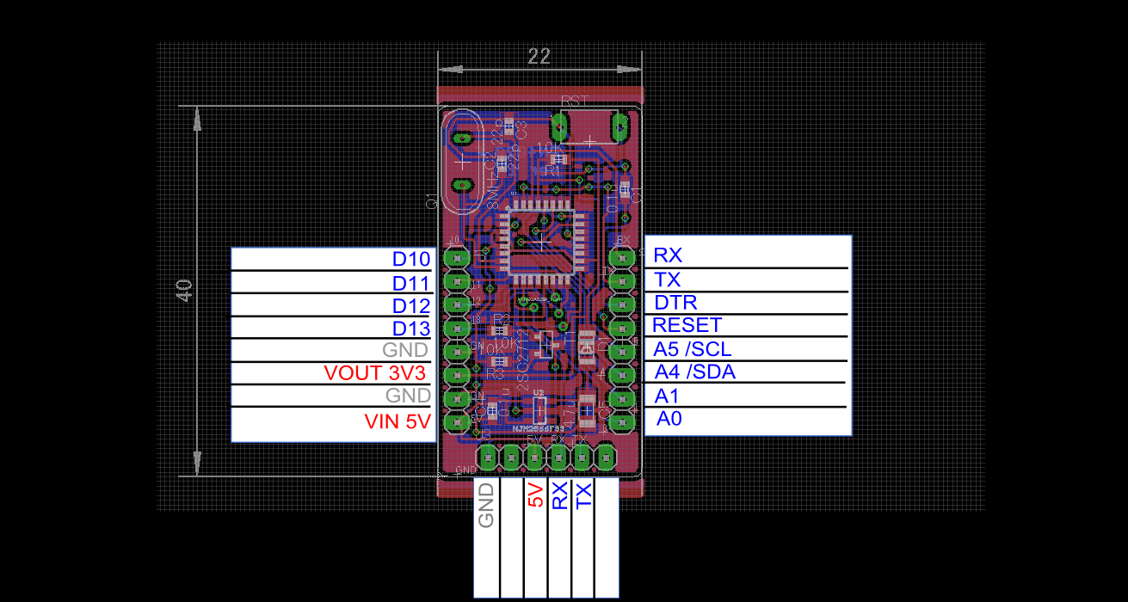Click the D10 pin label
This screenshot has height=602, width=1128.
pos(410,259)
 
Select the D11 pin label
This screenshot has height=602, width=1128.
pos(410,283)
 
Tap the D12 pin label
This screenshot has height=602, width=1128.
pos(410,306)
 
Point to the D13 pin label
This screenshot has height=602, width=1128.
pos(410,329)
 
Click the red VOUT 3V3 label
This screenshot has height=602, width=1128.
pos(375,373)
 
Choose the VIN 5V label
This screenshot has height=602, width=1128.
pos(397,421)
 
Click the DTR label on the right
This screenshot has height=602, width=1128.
pos(675,303)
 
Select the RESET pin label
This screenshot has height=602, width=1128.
pos(687,325)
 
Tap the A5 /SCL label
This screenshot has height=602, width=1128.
pos(693,349)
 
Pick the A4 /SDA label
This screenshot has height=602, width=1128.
pos(694,372)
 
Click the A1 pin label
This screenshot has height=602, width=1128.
pos(667,396)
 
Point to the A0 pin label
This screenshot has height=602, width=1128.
pos(669,419)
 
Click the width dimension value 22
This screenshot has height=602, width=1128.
pos(539,57)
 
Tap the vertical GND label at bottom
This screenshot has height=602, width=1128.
pos(486,505)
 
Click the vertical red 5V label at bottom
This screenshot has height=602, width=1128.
pos(535,496)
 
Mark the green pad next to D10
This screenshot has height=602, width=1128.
pos(453,258)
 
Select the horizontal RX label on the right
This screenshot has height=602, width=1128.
pos(668,255)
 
